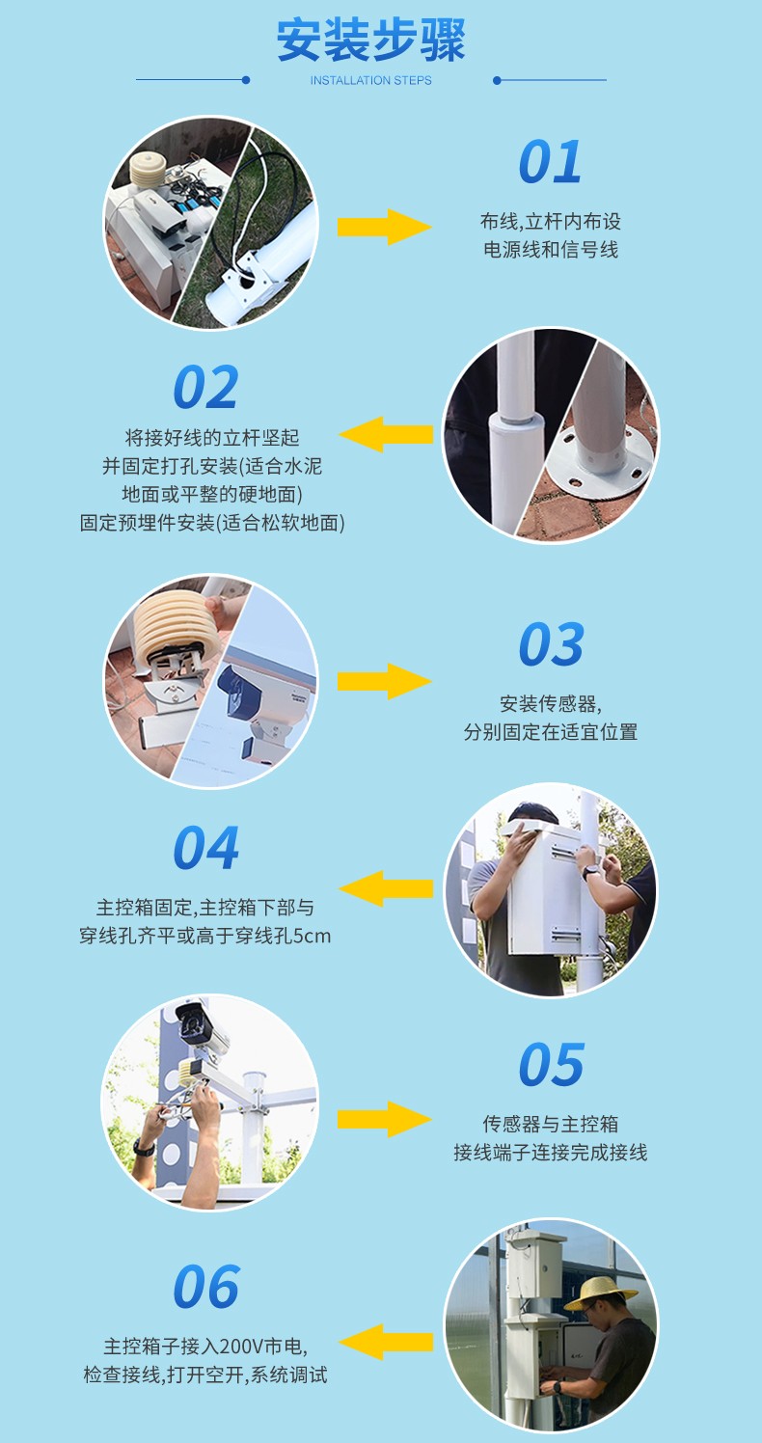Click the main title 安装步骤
[x=371, y=41]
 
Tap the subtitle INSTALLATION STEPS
[x=371, y=81]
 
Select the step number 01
[x=551, y=162]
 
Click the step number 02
[x=205, y=388]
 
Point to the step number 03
[x=551, y=644]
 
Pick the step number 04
[x=205, y=849]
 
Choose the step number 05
[x=551, y=1065]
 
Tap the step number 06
[x=205, y=1287]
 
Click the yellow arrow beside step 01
[x=384, y=227]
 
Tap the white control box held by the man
[x=545, y=887]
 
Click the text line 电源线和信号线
[x=551, y=250]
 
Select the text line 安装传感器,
[x=551, y=703]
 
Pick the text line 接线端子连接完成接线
[x=551, y=1153]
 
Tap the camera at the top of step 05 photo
[x=203, y=1027]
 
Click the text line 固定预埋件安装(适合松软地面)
[x=212, y=523]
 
